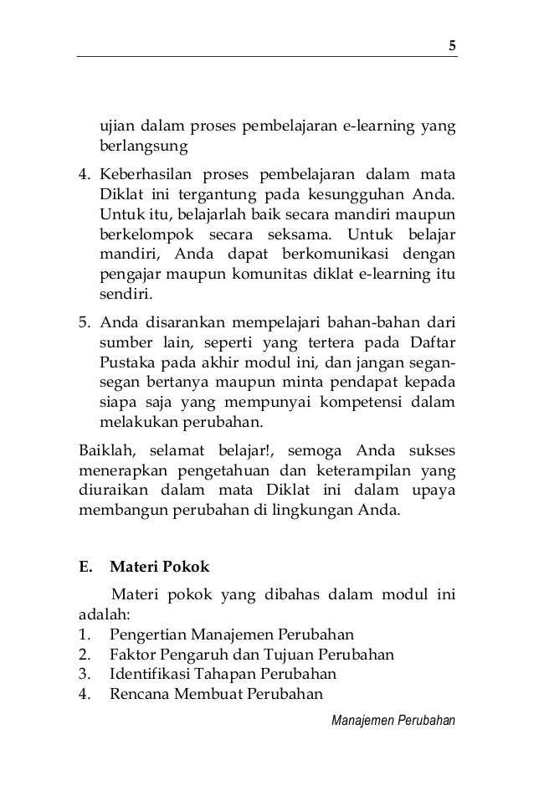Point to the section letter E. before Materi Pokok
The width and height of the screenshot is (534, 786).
[x=85, y=567]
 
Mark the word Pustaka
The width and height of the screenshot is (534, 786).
[x=124, y=365]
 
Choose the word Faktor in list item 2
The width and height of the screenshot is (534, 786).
[x=133, y=653]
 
